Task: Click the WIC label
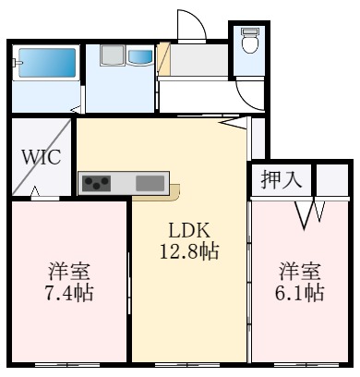point(42,157)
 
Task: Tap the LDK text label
point(189,230)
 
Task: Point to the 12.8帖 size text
point(189,251)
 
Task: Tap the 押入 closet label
point(282,179)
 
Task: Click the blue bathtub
point(47,63)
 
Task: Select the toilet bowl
point(249,44)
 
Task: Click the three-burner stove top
point(97,184)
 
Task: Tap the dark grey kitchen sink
point(150,183)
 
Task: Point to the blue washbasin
point(140,57)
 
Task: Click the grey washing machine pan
point(113,55)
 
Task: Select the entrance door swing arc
point(197,21)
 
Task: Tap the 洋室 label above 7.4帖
point(69,271)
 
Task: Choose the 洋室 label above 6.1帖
point(299,271)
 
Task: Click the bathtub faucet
point(18,63)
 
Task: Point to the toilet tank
point(249,31)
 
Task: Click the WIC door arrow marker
point(35,191)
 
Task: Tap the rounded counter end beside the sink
point(175,192)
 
